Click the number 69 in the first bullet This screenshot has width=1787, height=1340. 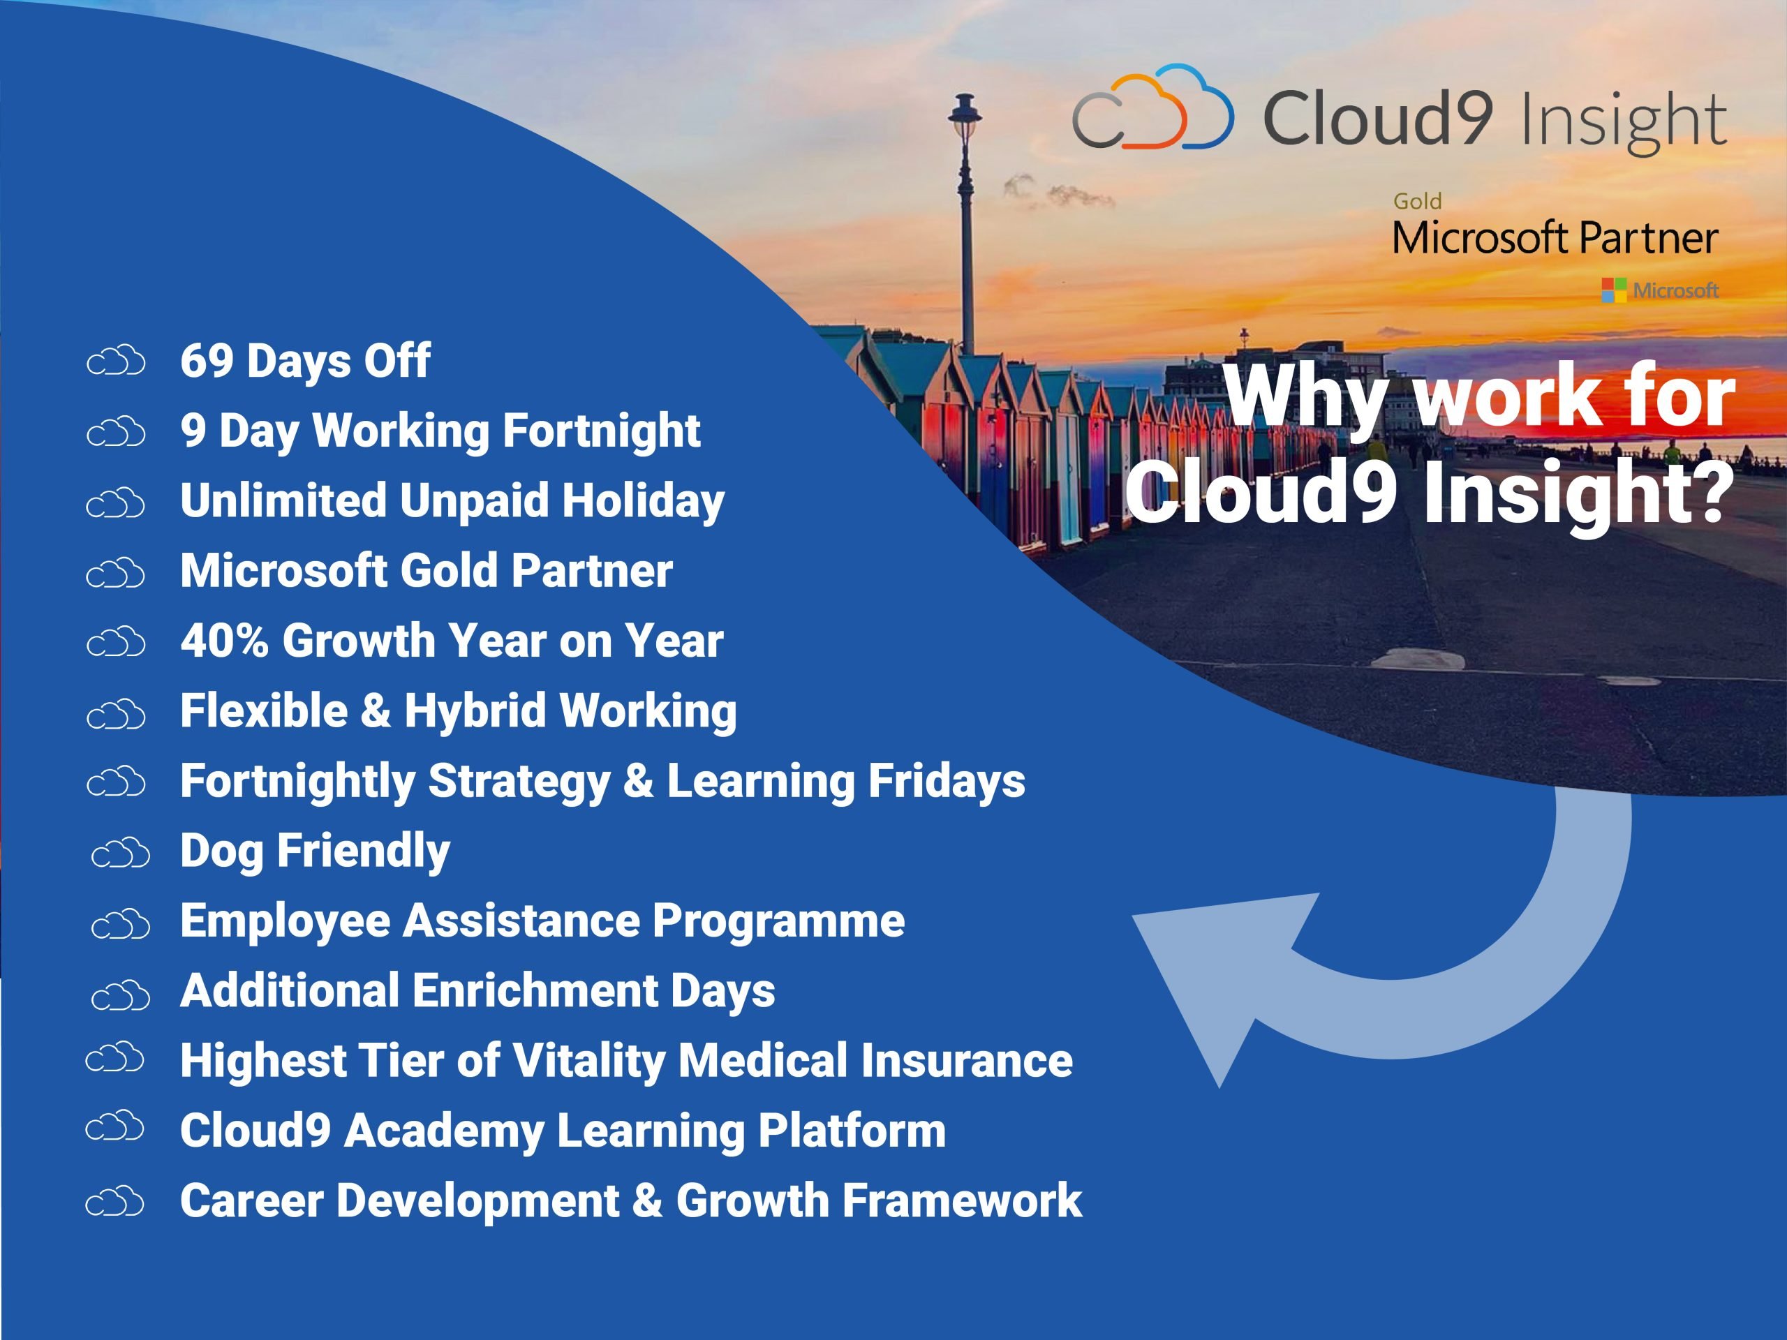pyautogui.click(x=207, y=360)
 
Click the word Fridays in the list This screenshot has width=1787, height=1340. pyautogui.click(x=946, y=782)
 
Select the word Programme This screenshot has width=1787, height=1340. pyautogui.click(x=778, y=922)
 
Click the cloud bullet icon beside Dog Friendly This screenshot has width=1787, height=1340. pyautogui.click(x=120, y=853)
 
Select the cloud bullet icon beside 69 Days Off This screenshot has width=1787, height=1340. pyautogui.click(x=115, y=361)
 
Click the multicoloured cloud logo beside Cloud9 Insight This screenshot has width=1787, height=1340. pyautogui.click(x=1153, y=107)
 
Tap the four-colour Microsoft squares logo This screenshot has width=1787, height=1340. pyautogui.click(x=1613, y=290)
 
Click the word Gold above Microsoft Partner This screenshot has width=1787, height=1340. pyautogui.click(x=1417, y=201)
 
